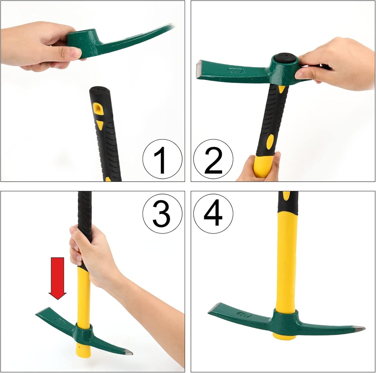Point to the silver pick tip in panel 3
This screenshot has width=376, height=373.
128,352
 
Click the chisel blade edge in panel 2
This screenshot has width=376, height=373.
199,69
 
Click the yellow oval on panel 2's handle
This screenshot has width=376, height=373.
270,142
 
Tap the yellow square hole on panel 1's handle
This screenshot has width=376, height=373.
98,109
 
